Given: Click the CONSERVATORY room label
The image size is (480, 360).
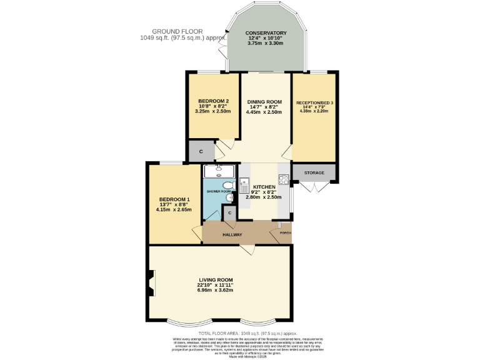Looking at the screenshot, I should click(266, 33).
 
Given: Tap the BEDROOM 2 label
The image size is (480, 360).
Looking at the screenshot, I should click(214, 101).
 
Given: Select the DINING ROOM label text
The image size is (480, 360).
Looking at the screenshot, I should click(264, 101).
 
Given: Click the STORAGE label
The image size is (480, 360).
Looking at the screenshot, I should click(314, 172).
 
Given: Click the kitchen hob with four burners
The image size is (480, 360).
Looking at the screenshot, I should click(283, 181).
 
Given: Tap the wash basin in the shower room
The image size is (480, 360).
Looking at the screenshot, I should click(230, 198).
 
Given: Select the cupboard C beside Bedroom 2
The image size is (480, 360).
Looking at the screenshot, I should click(201, 151).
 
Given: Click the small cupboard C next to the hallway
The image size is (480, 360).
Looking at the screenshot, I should click(230, 213).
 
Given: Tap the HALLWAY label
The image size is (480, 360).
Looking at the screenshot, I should click(232, 235).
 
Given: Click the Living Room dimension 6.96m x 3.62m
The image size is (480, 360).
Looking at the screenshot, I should click(216, 290).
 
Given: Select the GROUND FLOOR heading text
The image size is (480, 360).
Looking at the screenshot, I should click(172, 31).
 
